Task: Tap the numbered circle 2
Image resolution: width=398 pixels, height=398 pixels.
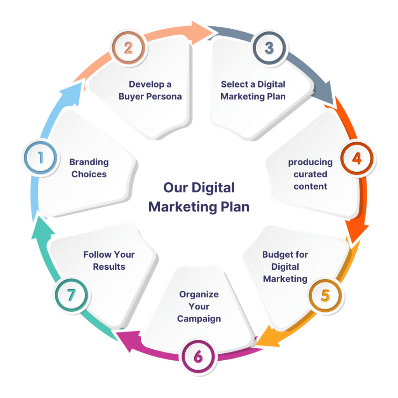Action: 128,48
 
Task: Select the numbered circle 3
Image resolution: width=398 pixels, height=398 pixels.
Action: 269,48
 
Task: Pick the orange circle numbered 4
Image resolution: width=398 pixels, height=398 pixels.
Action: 357,158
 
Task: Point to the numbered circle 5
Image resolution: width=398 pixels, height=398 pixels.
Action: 325,296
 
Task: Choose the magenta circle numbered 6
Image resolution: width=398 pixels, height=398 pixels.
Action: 198,356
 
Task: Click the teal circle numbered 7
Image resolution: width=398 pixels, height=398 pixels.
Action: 71,296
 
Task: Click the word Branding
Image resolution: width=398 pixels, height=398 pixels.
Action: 89,162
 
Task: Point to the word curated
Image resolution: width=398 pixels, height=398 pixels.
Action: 310,174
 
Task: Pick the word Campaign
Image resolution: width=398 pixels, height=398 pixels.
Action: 199,319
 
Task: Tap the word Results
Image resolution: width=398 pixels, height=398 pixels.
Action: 109,267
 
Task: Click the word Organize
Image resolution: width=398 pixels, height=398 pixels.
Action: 199,295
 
